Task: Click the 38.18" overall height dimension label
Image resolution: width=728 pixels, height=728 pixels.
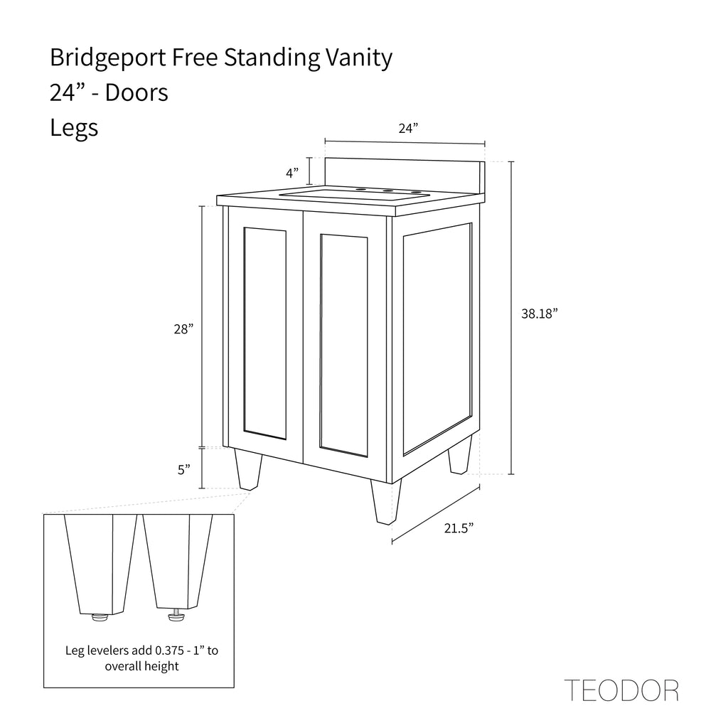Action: pos(539,314)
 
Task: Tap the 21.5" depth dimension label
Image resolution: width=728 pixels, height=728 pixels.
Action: pos(459,528)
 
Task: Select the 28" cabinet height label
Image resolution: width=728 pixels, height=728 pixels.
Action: pos(183,329)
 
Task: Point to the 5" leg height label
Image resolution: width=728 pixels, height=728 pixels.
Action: pos(184,470)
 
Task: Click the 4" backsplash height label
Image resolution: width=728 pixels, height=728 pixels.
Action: pos(292,173)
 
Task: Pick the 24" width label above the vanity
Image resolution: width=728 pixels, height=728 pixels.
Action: pos(408,128)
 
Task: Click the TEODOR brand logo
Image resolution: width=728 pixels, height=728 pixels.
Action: pos(621,690)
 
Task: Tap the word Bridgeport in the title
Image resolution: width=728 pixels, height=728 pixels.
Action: pos(108,58)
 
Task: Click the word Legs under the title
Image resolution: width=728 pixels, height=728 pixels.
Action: pos(74,128)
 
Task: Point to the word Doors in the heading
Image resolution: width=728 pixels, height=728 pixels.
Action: pos(136,92)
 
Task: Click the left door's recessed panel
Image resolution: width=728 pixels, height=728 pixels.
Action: pos(264,333)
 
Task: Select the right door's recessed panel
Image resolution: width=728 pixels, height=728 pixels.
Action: pos(343,346)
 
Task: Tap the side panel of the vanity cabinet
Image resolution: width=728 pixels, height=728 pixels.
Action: pos(437,339)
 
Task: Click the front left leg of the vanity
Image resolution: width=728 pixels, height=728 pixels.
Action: pos(248,469)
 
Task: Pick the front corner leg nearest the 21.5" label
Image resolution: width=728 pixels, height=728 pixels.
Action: pos(386,502)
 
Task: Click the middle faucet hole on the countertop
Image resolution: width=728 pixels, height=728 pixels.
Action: pos(386,191)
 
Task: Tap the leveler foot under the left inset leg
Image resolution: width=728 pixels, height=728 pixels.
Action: pos(100,616)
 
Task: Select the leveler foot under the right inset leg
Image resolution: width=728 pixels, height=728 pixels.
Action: pos(176,615)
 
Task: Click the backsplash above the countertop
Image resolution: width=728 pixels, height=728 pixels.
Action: pos(405,176)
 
